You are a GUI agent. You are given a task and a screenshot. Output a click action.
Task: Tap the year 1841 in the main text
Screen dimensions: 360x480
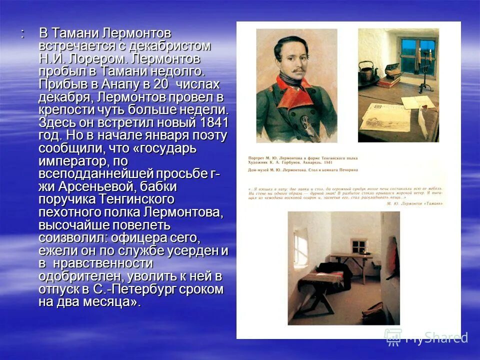[x=213, y=122]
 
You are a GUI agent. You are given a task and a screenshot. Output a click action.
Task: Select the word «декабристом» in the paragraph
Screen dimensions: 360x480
[x=170, y=46]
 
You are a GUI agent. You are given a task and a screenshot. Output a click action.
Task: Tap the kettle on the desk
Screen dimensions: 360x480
[x=369, y=73]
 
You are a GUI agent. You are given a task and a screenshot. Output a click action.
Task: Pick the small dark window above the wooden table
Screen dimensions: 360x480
[x=359, y=247]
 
